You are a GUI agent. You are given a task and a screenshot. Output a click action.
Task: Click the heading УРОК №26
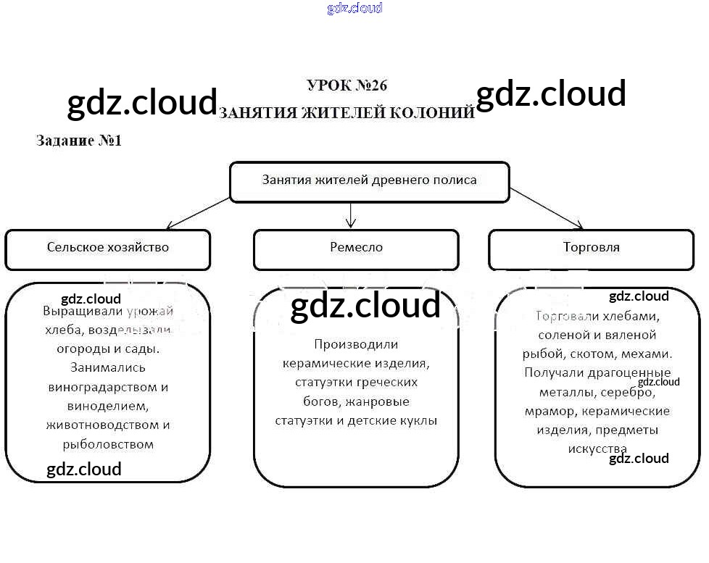[x=347, y=86]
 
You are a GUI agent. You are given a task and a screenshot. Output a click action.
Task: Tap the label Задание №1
[x=79, y=141]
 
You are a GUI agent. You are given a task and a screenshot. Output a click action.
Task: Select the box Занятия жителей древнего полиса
[x=369, y=180]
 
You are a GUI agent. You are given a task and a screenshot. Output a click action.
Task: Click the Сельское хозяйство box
[x=107, y=248]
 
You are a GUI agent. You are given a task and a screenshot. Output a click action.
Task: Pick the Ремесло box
[x=355, y=248]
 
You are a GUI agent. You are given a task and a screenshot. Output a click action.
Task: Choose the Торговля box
[x=591, y=248]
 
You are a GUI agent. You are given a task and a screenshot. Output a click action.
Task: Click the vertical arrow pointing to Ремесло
[x=351, y=214]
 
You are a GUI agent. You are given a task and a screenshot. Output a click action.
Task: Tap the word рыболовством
[x=108, y=444]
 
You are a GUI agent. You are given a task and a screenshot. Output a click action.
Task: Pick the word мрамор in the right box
[x=547, y=412]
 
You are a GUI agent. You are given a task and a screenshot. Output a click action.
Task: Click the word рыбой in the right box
[x=540, y=354]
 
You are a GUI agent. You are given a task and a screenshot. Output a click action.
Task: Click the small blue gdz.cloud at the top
[x=354, y=9]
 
